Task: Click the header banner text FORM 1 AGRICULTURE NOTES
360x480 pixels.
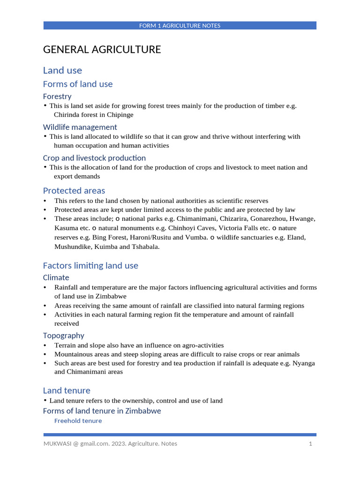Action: point(180,26)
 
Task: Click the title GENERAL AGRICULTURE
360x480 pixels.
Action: point(102,50)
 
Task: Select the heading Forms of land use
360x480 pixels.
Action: point(78,84)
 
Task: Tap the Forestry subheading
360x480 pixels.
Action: point(57,97)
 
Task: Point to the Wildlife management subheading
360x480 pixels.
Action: point(80,127)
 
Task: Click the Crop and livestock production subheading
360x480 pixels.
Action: point(94,158)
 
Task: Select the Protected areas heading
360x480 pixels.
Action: point(74,191)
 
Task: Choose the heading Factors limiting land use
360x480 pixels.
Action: point(90,266)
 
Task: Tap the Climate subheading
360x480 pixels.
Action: point(56,277)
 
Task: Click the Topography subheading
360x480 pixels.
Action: point(64,336)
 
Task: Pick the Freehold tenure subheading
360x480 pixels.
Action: point(78,421)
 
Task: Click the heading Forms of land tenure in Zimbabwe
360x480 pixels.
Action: point(102,411)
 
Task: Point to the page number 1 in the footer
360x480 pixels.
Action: point(310,443)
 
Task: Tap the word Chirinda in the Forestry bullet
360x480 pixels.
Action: point(67,115)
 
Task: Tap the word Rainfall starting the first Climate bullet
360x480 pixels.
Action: point(68,287)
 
